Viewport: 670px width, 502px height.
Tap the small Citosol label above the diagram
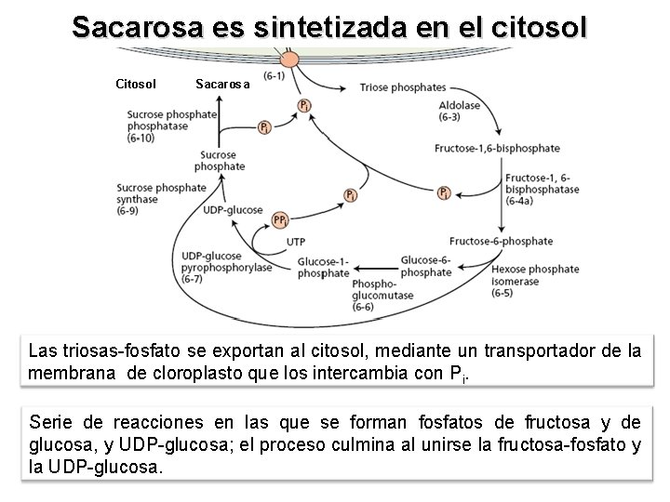[135, 85]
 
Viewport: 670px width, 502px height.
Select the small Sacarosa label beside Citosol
[222, 85]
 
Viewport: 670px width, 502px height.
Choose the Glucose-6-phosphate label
[426, 266]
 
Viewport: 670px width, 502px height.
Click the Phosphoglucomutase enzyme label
[376, 294]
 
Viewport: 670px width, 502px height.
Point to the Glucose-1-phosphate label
[323, 268]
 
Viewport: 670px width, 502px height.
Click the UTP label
[296, 241]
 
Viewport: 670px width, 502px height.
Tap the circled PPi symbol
[280, 220]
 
